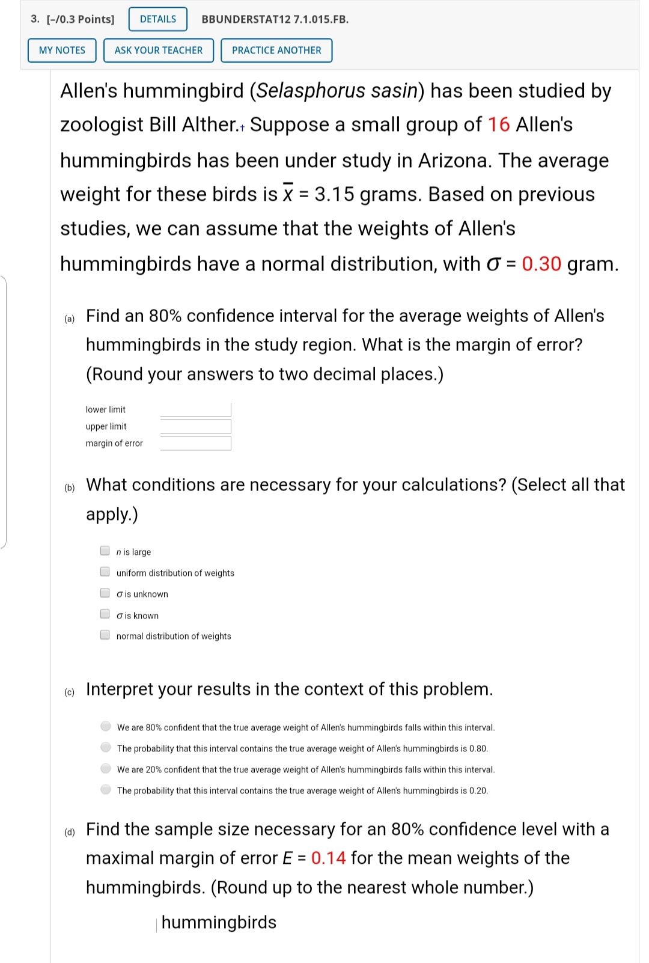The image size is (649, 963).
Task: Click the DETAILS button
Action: tap(158, 19)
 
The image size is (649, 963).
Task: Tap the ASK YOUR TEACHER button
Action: tap(159, 50)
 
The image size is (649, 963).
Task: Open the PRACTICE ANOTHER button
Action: tap(276, 50)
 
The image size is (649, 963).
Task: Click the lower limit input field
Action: tap(195, 410)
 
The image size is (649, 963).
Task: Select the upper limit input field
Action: tap(195, 427)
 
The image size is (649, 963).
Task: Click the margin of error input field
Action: tap(195, 444)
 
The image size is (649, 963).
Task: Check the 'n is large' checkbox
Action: tap(105, 551)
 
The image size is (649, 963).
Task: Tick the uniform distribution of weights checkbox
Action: tap(105, 572)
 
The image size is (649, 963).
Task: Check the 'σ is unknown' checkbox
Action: tap(105, 593)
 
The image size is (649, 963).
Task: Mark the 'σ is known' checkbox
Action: tap(105, 614)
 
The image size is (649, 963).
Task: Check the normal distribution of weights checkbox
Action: tap(105, 635)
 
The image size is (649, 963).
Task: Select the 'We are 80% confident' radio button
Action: tap(106, 726)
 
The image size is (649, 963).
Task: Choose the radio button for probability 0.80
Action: tap(106, 747)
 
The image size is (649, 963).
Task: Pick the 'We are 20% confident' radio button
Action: tap(106, 768)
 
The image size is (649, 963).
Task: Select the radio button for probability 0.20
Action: tap(106, 789)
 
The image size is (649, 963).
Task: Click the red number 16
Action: tap(499, 125)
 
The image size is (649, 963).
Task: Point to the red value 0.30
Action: tap(541, 264)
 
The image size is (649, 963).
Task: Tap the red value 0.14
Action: tap(328, 858)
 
